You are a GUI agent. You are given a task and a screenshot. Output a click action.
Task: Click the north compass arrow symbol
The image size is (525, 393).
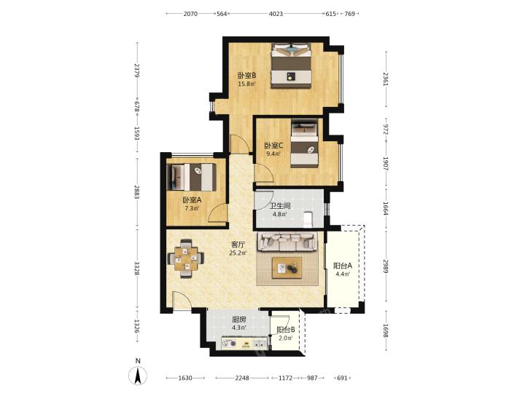(138, 376)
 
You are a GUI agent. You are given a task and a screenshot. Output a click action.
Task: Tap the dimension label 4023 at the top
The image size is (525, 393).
(276, 14)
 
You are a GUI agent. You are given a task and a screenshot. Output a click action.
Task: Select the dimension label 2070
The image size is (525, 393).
(190, 14)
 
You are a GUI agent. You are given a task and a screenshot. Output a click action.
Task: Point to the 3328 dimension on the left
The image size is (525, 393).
(137, 269)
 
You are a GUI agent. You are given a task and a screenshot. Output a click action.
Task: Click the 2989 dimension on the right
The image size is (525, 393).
(386, 266)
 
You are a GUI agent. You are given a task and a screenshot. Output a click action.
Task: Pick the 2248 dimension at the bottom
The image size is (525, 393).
(242, 378)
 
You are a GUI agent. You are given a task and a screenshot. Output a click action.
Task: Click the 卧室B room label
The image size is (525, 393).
(246, 76)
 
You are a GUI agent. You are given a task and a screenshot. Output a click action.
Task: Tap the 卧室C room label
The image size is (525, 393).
(273, 146)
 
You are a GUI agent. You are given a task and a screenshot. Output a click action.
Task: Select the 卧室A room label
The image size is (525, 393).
(192, 200)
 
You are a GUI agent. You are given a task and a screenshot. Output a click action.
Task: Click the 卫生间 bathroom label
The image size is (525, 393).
(279, 206)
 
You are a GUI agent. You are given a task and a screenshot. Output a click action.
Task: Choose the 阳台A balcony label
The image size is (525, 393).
(343, 266)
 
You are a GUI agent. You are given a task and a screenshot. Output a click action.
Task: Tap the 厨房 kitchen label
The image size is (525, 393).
(239, 319)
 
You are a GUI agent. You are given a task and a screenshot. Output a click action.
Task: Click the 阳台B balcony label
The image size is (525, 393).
(286, 330)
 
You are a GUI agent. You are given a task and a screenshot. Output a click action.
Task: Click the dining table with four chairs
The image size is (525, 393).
(186, 258)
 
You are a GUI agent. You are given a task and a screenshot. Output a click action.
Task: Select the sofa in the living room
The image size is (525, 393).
(287, 242)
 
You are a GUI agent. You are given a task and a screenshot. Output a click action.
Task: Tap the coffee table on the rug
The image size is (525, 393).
(287, 268)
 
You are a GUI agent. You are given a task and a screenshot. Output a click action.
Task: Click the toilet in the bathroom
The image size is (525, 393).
(308, 219)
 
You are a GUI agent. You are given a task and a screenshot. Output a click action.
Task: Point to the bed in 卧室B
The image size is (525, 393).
(291, 65)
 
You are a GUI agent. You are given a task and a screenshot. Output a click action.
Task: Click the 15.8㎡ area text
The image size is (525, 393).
(246, 84)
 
